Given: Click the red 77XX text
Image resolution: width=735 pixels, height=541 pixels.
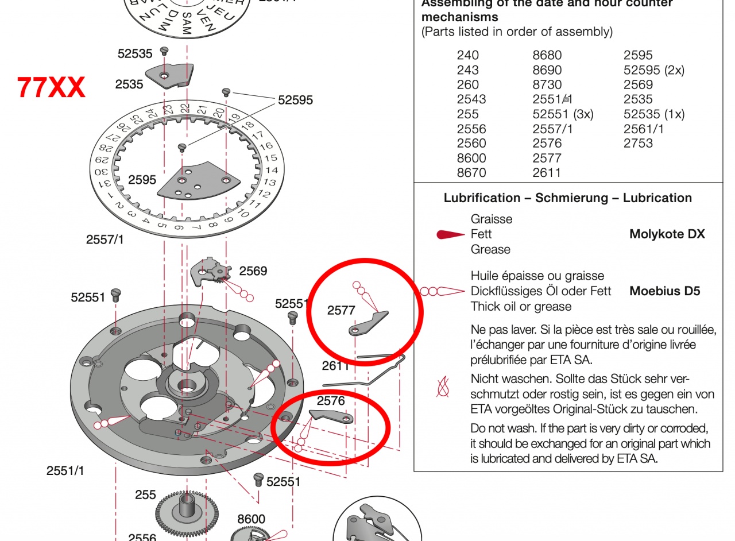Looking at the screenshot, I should tap(51, 87).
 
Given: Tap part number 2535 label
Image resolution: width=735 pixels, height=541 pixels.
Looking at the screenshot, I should tap(129, 84).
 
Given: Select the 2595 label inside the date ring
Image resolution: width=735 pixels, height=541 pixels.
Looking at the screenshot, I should tap(142, 180).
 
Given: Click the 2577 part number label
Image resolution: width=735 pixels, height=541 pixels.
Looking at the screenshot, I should tap(341, 311).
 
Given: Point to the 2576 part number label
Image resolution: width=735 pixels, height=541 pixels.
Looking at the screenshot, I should tap(331, 401).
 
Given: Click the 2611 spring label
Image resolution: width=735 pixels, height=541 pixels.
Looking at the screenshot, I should tap(335, 366).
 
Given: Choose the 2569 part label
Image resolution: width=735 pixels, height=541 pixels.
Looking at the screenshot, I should tap(253, 271).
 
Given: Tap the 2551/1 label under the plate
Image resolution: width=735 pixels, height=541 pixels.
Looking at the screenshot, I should tap(65, 471).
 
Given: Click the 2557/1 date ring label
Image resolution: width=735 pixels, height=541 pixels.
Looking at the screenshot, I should tap(105, 240).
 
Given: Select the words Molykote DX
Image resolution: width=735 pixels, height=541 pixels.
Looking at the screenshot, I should tap(667, 234).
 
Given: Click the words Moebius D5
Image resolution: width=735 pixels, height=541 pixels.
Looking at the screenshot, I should tap(665, 291).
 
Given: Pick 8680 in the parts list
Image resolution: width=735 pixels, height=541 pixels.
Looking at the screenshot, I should tap(547, 56).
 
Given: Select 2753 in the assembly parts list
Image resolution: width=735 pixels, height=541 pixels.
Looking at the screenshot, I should tap(638, 144).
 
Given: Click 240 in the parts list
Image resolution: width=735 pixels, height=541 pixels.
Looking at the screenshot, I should tap(467, 56).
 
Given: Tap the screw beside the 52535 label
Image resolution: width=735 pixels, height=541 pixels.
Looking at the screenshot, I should tap(164, 51).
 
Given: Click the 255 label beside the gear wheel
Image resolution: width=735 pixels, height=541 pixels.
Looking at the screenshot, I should tap(145, 494).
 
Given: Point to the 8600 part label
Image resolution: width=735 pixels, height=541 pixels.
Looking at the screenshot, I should tap(251, 519).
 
